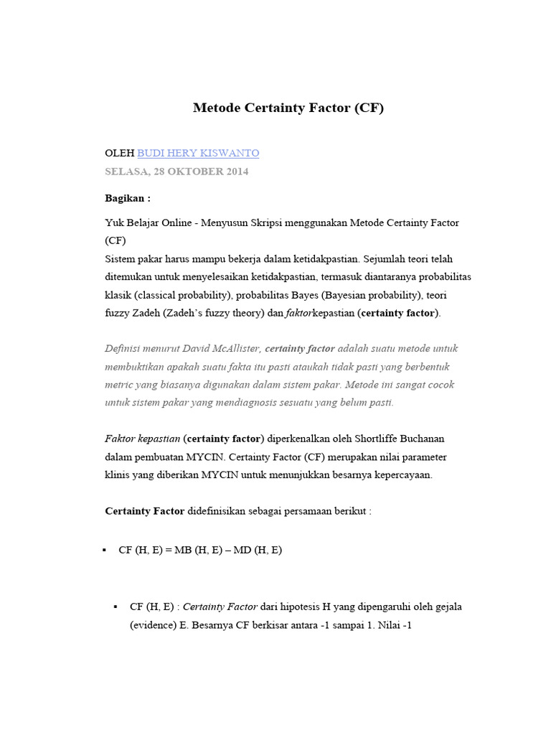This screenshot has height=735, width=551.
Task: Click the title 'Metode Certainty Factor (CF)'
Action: (x=288, y=108)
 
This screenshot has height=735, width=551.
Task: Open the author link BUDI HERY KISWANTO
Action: (x=198, y=153)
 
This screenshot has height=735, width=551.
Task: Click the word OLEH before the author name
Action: (x=119, y=153)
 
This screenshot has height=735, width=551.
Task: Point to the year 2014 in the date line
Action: (x=237, y=172)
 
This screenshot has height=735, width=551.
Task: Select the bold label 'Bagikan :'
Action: (x=128, y=198)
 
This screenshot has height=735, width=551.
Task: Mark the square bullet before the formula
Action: (x=104, y=551)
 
